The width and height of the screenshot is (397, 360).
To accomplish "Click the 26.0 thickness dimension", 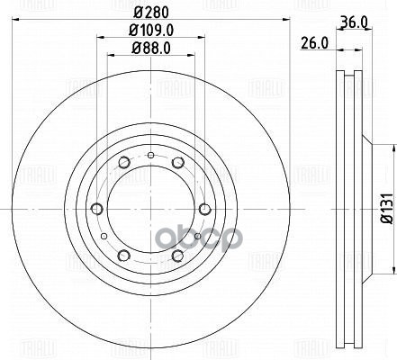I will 314,41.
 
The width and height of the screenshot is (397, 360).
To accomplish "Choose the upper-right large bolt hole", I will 177,163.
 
